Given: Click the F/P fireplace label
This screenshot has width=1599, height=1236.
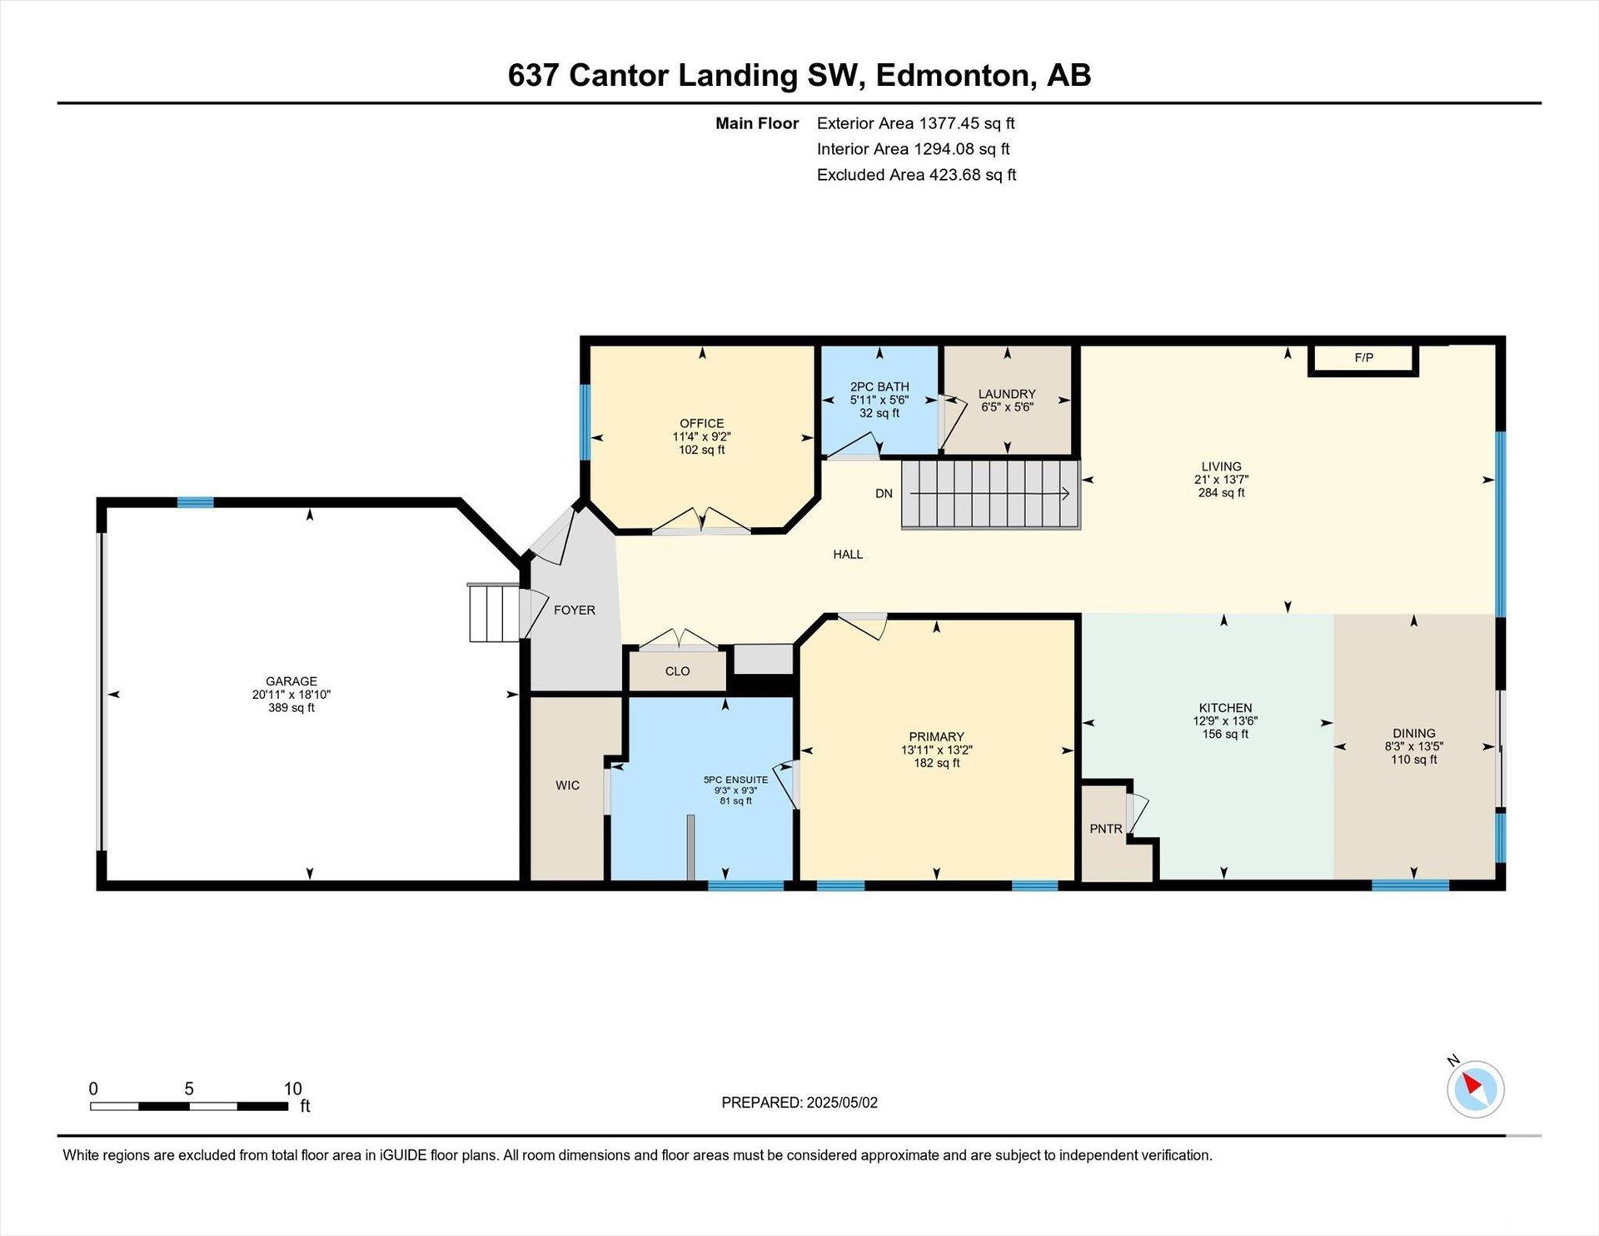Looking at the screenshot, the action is pyautogui.click(x=1363, y=358).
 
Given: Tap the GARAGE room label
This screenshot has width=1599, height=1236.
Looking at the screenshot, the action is pyautogui.click(x=291, y=681).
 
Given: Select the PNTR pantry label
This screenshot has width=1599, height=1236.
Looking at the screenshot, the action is pyautogui.click(x=1106, y=829).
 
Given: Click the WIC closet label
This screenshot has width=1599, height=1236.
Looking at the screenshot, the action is pyautogui.click(x=567, y=785).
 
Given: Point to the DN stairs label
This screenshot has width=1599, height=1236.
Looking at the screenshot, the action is pyautogui.click(x=884, y=493).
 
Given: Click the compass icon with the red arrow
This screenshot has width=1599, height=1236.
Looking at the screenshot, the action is pyautogui.click(x=1475, y=1089).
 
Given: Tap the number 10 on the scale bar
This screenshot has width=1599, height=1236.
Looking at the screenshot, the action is pyautogui.click(x=292, y=1089).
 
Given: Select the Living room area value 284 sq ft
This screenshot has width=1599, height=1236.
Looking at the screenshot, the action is pyautogui.click(x=1221, y=493).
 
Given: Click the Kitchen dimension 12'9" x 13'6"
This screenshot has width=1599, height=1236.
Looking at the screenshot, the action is pyautogui.click(x=1225, y=721).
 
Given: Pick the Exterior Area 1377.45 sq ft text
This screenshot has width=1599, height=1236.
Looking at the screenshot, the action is pyautogui.click(x=915, y=123).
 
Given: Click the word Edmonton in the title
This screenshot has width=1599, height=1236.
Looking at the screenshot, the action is pyautogui.click(x=953, y=75).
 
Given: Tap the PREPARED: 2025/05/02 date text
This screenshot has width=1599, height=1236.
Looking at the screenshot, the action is pyautogui.click(x=799, y=1103).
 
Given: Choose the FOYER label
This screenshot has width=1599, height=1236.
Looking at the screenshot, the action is pyautogui.click(x=575, y=611).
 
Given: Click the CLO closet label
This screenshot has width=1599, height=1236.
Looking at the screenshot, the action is pyautogui.click(x=677, y=671).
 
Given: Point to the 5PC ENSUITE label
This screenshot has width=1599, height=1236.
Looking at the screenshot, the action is pyautogui.click(x=735, y=780).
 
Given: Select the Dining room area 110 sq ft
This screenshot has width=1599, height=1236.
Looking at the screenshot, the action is pyautogui.click(x=1413, y=760).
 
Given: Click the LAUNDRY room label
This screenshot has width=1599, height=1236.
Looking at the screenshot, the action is pyautogui.click(x=1007, y=394).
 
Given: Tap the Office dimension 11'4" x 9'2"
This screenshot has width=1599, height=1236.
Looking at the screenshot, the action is pyautogui.click(x=701, y=436).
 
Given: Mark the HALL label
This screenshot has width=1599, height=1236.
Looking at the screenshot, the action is pyautogui.click(x=848, y=555).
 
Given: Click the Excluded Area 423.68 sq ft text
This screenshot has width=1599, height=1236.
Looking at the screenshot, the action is pyautogui.click(x=916, y=175).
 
